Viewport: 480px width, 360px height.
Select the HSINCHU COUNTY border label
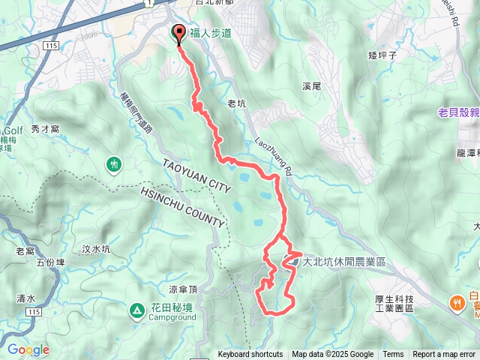[182, 205]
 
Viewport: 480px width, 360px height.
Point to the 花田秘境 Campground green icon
[137, 309]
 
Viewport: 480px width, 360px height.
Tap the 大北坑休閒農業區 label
[343, 262]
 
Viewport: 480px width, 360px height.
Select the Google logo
[28, 349]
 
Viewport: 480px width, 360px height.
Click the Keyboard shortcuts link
[250, 355]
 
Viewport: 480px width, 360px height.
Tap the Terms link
[393, 355]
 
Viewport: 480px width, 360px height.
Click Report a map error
[444, 355]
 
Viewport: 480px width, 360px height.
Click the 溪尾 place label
[311, 87]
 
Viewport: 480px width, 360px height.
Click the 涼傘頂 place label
[183, 289]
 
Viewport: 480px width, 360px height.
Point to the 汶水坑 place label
[96, 248]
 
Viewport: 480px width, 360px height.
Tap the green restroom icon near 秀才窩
[114, 163]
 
